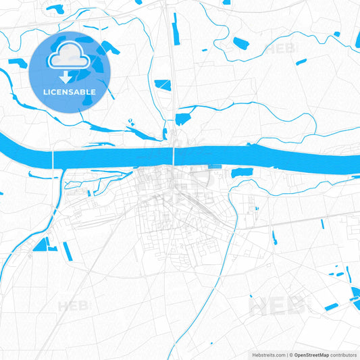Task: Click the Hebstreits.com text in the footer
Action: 267,354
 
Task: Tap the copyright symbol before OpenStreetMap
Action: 291,354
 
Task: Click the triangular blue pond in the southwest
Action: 41,245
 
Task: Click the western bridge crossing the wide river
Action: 53,159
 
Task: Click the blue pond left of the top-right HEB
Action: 241,43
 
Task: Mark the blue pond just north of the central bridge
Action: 182,119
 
